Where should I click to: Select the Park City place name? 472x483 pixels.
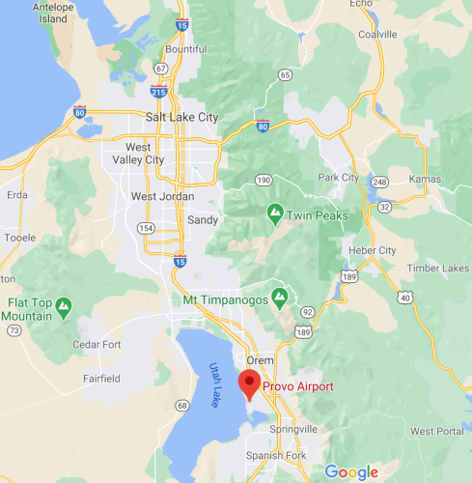(x=338, y=178)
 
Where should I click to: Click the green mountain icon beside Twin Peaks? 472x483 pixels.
(x=275, y=212)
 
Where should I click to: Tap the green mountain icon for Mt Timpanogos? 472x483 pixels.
(x=279, y=296)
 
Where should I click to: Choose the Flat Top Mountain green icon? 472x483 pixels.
(x=64, y=306)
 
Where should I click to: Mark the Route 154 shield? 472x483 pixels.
(x=146, y=228)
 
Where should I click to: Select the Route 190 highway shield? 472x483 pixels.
(x=264, y=180)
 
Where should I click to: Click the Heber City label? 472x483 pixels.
(x=373, y=250)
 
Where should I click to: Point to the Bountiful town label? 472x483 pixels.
(x=186, y=49)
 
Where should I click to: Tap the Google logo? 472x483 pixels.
(x=350, y=471)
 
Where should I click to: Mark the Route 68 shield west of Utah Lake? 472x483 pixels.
(x=181, y=406)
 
